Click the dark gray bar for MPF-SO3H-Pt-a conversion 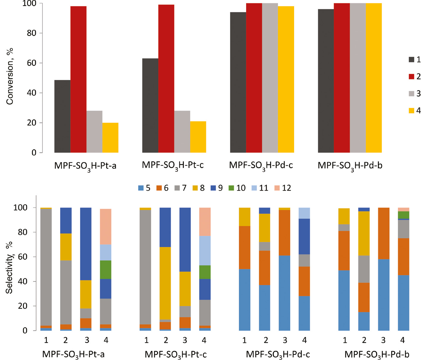(x=62, y=116)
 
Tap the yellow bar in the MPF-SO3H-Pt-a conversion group (x=110, y=137)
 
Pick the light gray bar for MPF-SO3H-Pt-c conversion (x=182, y=132)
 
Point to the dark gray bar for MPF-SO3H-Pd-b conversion (x=326, y=81)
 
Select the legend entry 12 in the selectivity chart (x=283, y=188)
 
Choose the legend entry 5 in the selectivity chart (x=144, y=188)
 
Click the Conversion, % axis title (x=10, y=76)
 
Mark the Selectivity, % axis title (x=9, y=268)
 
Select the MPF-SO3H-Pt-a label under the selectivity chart (x=73, y=354)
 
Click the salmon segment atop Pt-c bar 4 (x=205, y=222)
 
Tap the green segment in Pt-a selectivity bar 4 (x=105, y=270)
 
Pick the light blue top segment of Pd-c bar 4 (x=304, y=213)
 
